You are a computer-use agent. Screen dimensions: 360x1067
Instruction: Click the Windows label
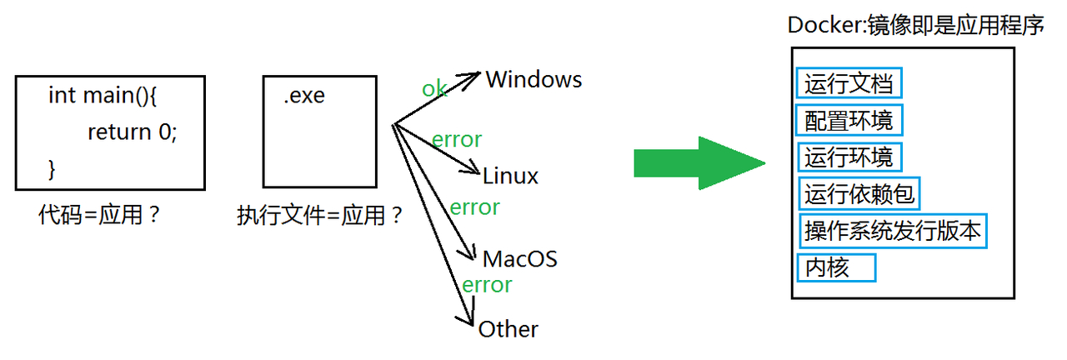533,80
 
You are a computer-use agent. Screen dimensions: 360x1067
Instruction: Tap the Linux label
510,176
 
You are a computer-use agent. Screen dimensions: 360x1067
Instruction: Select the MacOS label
519,258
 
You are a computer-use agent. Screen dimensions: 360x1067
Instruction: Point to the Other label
508,329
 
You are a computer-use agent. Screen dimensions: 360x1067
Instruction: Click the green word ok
434,89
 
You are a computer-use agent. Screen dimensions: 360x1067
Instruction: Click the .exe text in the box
304,96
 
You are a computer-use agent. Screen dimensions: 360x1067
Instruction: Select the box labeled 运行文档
849,84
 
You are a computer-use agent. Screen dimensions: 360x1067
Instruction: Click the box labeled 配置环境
849,121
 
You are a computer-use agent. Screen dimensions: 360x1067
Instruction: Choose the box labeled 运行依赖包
859,194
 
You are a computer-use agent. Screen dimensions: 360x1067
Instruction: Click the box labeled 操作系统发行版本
892,231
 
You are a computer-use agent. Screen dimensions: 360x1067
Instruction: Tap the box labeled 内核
836,267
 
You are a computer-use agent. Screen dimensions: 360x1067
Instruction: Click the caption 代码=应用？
99,215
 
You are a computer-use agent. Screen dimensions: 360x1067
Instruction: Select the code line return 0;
133,132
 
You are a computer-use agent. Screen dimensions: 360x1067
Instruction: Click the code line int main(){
103,95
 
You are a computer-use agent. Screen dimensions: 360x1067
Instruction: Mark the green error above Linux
457,139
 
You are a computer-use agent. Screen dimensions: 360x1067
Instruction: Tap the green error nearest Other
487,285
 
